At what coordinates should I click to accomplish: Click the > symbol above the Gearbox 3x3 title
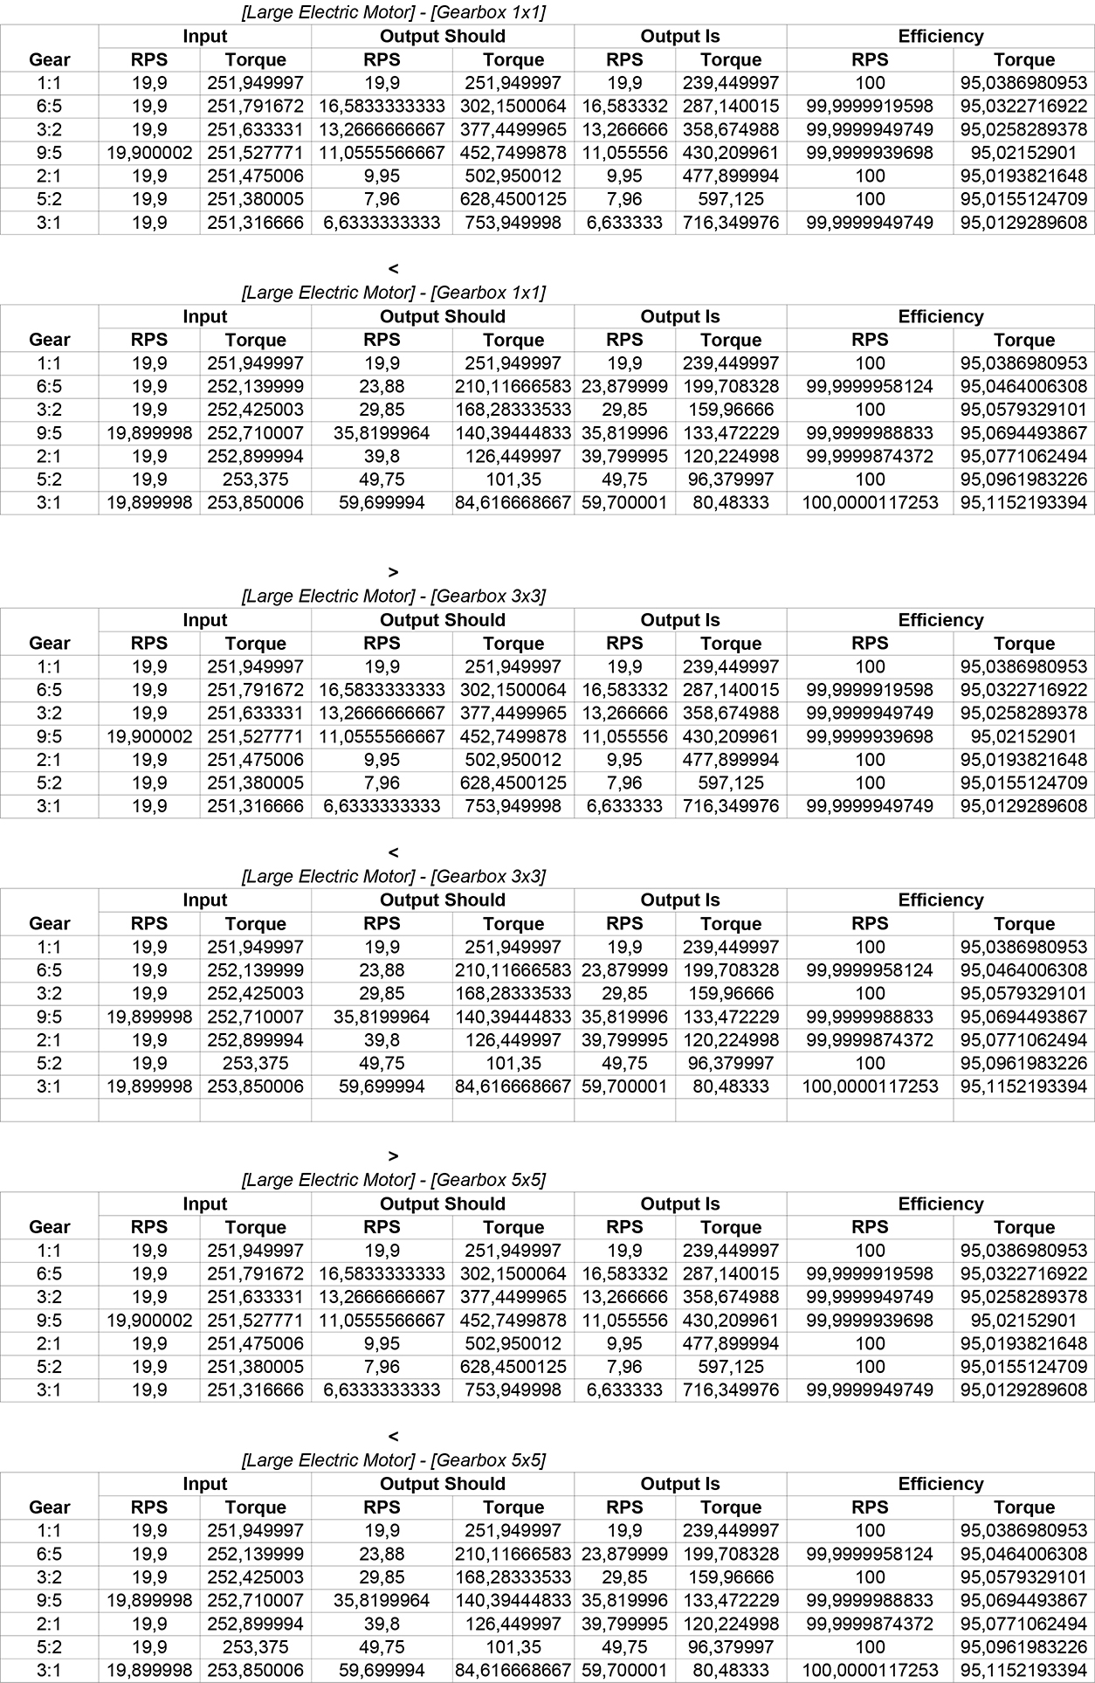[x=393, y=572]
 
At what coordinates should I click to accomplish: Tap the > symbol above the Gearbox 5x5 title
[x=393, y=1155]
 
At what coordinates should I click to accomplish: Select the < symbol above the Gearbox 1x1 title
[x=393, y=268]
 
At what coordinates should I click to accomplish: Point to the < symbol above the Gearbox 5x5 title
[x=393, y=1436]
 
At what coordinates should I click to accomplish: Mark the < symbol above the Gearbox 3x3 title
[x=393, y=852]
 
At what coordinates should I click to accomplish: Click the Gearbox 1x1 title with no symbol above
[x=393, y=12]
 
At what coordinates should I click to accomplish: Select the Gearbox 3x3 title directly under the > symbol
[x=393, y=597]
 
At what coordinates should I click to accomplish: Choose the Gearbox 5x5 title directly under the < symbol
[x=393, y=1459]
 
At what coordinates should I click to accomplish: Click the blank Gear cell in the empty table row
[x=49, y=1110]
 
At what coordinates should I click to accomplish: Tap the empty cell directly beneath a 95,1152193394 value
[x=1023, y=1110]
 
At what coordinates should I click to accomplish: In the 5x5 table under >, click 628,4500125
[x=513, y=1367]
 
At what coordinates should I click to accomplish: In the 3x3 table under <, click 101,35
[x=513, y=1064]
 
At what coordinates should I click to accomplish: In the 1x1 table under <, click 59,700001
[x=623, y=503]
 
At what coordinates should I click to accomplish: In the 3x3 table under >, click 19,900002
[x=149, y=736]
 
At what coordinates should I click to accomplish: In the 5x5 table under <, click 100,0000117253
[x=870, y=1671]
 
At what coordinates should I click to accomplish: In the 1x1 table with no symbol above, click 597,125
[x=730, y=199]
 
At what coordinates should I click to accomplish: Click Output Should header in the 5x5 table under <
[x=442, y=1484]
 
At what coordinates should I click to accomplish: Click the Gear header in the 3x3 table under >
[x=49, y=644]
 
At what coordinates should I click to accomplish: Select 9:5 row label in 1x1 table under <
[x=49, y=433]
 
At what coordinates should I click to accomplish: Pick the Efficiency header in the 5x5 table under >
[x=940, y=1204]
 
